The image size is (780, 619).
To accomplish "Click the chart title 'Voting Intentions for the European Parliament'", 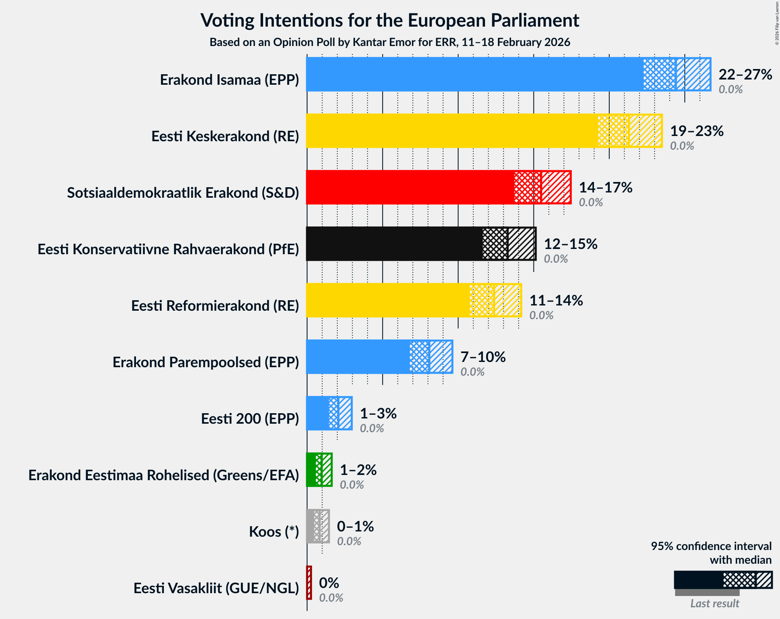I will [x=390, y=20].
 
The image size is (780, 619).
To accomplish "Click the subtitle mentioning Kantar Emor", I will [x=390, y=42].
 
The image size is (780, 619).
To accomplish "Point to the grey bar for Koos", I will [x=310, y=526].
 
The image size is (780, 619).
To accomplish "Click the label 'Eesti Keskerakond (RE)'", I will [x=225, y=136].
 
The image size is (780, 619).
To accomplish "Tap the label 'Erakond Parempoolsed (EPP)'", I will [x=206, y=362].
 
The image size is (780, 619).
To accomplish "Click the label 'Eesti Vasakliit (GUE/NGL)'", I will [x=216, y=588].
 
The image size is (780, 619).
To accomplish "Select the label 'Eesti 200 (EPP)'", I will [x=250, y=419].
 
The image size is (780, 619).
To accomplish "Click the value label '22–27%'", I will [x=745, y=75].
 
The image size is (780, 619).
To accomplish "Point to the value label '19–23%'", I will [x=697, y=131].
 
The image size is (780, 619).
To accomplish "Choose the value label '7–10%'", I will [x=483, y=357].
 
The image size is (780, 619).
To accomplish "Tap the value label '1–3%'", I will [x=378, y=414].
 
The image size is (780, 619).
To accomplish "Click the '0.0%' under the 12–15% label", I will [x=556, y=259].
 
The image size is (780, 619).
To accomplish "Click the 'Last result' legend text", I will [x=715, y=603].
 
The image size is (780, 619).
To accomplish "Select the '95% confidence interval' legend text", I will [x=711, y=546].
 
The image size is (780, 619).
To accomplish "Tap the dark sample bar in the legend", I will [x=698, y=580].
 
